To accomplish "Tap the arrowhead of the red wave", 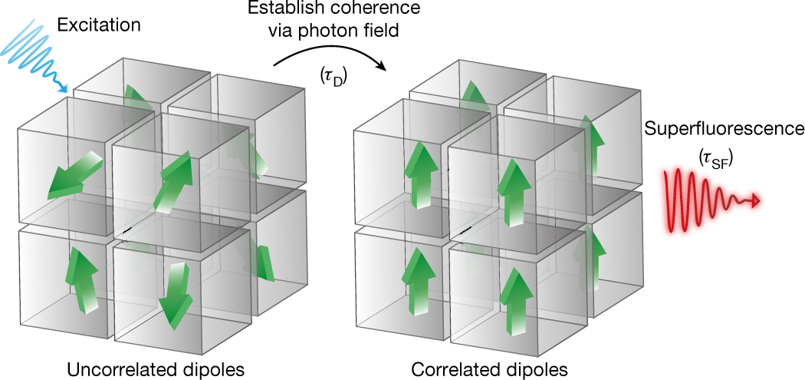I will point(757,201).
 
